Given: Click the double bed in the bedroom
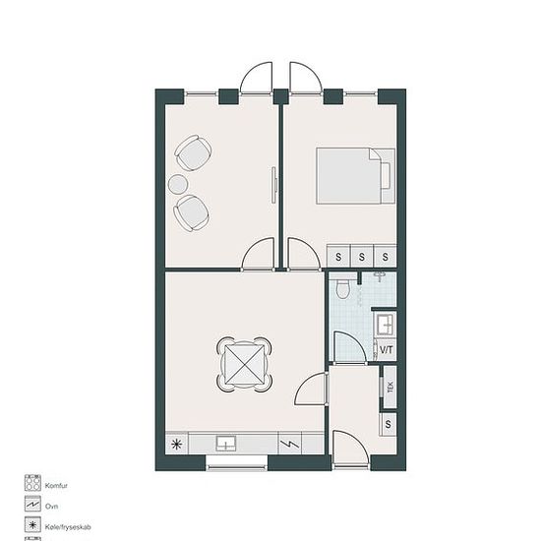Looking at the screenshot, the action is (355, 176).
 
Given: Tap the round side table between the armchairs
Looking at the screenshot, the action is (178, 184).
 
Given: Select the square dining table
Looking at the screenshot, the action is (244, 365).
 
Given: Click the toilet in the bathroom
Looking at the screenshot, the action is (343, 288).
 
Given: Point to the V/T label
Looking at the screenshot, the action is (387, 350).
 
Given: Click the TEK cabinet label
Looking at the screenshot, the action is (391, 387).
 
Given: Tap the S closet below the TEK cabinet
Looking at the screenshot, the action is (389, 424).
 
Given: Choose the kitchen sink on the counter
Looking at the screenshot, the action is (226, 444).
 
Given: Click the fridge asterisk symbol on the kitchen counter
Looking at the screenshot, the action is (177, 444).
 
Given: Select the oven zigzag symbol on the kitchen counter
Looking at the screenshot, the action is (290, 444).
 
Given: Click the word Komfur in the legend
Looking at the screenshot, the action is (56, 486).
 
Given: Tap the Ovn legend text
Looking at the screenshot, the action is (51, 507).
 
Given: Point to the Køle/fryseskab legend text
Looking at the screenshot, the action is (68, 527).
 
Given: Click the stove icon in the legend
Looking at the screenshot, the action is (32, 483).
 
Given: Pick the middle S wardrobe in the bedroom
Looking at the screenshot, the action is (362, 256).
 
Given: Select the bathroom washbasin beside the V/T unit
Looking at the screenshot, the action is (385, 325).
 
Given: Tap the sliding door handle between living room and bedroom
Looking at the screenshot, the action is (275, 185).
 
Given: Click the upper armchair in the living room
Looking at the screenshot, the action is (193, 152).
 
